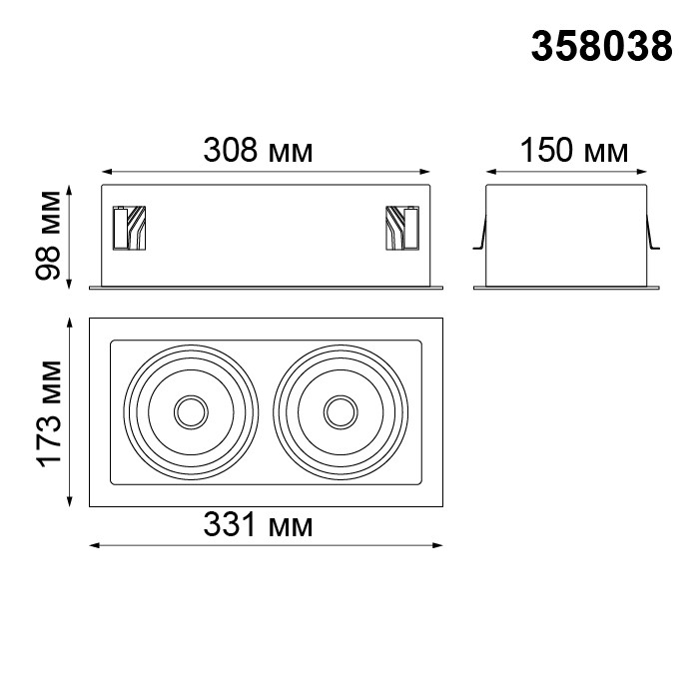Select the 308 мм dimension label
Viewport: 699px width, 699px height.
(x=258, y=151)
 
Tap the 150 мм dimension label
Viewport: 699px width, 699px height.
(x=573, y=151)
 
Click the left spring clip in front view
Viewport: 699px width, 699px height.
(x=130, y=229)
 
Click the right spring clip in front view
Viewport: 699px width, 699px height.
(x=403, y=229)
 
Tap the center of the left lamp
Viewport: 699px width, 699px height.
(x=189, y=410)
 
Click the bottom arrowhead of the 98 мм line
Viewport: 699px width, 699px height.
(x=69, y=285)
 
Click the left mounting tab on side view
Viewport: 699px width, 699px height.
(x=479, y=237)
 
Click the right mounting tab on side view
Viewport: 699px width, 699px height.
(x=653, y=237)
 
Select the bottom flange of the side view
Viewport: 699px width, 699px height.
(x=566, y=289)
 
